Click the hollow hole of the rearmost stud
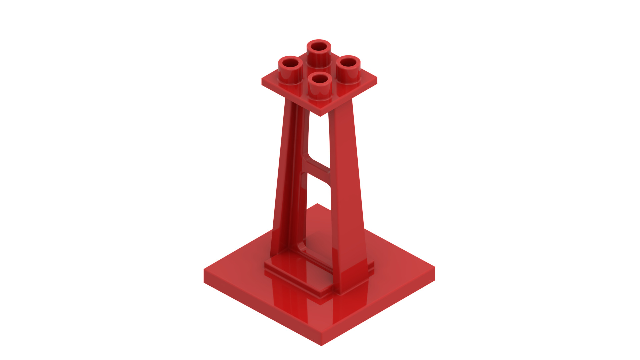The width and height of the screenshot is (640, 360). (x=319, y=46)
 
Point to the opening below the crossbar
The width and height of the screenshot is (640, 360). (x=318, y=213)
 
